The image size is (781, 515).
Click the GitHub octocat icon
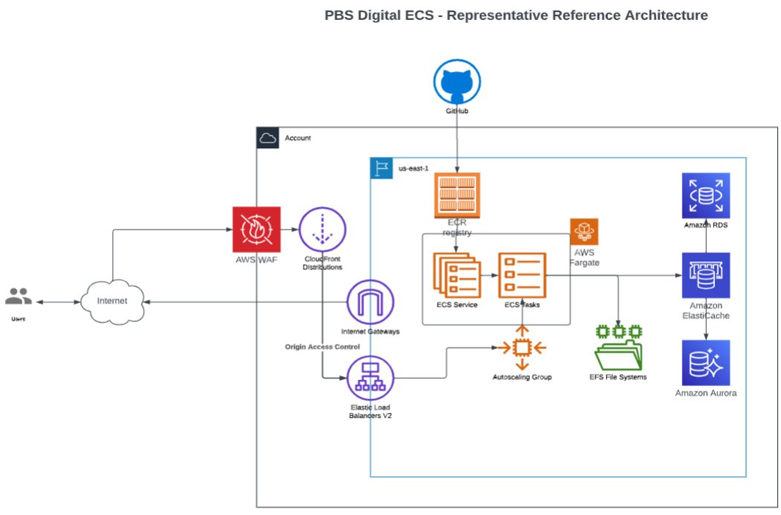[457, 82]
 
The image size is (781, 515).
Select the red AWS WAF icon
[256, 230]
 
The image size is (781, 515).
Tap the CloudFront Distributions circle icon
[322, 230]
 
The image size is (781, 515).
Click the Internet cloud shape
[112, 301]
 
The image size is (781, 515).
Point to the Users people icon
[18, 297]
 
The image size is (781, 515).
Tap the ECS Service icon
[457, 275]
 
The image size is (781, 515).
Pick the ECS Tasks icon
[522, 275]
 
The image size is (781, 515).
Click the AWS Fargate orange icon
[584, 232]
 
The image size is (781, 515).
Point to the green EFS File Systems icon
[618, 348]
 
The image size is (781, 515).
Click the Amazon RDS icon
[705, 196]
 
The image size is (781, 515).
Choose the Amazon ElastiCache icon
[705, 276]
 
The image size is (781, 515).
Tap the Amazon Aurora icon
[705, 362]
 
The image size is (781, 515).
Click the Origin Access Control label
[322, 346]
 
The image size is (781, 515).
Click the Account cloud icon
[268, 138]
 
